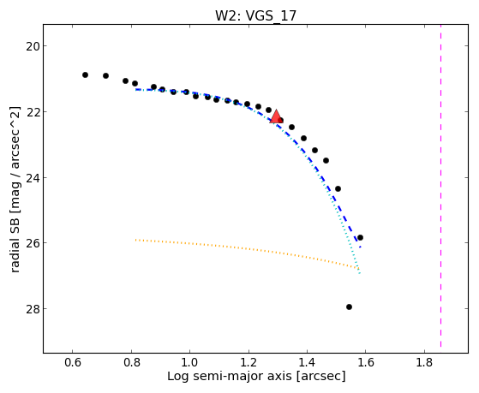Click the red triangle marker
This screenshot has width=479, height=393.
coord(276,116)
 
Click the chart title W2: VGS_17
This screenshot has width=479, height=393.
coord(255,16)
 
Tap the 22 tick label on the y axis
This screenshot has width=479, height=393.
coord(32,112)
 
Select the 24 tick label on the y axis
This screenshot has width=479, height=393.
coord(32,177)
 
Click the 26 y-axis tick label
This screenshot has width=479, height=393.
coord(32,243)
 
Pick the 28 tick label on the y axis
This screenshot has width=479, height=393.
coord(32,309)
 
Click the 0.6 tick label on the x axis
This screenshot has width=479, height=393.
coord(72,362)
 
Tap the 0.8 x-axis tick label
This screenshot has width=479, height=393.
coord(131,362)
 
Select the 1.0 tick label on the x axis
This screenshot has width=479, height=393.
coord(189,362)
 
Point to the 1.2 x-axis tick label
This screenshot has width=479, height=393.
coord(248,362)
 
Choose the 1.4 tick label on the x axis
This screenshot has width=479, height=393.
coord(307,362)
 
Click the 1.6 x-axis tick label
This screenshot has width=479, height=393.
coord(366,362)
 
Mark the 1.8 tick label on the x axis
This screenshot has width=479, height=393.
coord(424,362)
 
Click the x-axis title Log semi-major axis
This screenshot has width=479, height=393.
coord(230,377)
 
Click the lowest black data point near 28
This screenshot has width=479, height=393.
coord(349,307)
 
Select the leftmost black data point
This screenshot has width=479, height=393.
coord(85,74)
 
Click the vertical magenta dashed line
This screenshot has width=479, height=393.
coord(440,186)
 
